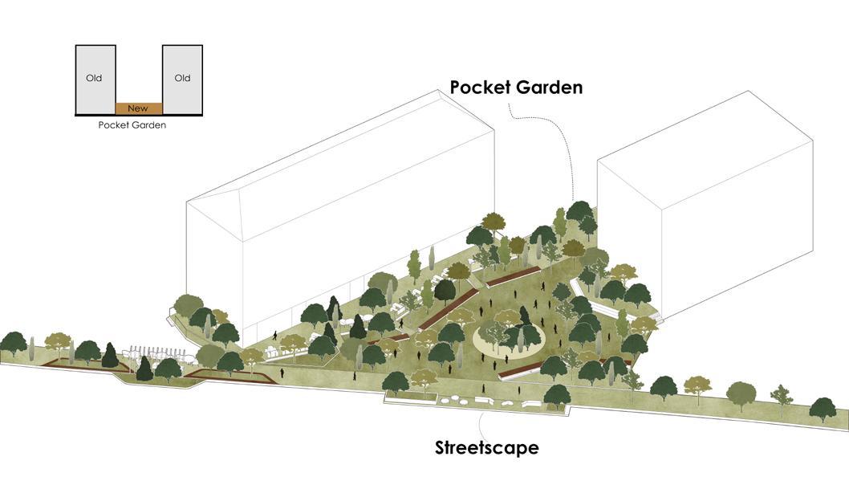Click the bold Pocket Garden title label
[x=516, y=87]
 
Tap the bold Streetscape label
[x=487, y=447]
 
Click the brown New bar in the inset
[x=139, y=108]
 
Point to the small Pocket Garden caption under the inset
[x=132, y=125]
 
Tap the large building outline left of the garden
[x=337, y=201]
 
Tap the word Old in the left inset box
[x=94, y=79]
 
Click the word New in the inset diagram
[x=138, y=108]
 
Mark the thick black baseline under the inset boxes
[x=139, y=116]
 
